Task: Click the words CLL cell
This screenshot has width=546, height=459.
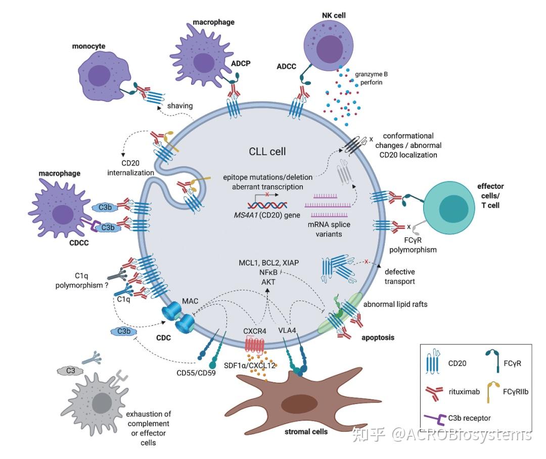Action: tap(267, 151)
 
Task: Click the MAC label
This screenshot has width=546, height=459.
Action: tap(192, 301)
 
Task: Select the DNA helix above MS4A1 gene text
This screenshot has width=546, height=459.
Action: tap(267, 204)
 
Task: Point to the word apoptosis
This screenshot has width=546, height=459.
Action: tap(378, 336)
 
